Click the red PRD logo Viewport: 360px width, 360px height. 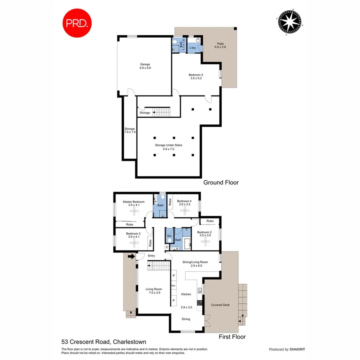pos(77,23)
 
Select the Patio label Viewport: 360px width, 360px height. pos(220,44)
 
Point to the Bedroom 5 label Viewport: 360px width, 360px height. pos(196,75)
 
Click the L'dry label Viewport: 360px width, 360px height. pos(193,48)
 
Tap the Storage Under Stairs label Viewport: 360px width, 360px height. pos(168,145)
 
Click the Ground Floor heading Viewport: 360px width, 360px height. pos(221,182)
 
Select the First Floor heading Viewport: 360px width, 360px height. pos(232,337)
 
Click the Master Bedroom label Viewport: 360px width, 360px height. pos(134,202)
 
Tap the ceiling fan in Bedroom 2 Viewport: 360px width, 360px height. pos(205,241)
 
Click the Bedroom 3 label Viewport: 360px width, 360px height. pos(133,233)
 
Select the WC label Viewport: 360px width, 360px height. pos(169,236)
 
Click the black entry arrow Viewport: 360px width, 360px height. pos(130,256)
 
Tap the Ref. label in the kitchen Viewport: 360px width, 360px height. pos(174,286)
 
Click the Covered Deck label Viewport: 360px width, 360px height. pos(220,305)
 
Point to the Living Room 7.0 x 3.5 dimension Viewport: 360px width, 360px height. pos(153,293)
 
